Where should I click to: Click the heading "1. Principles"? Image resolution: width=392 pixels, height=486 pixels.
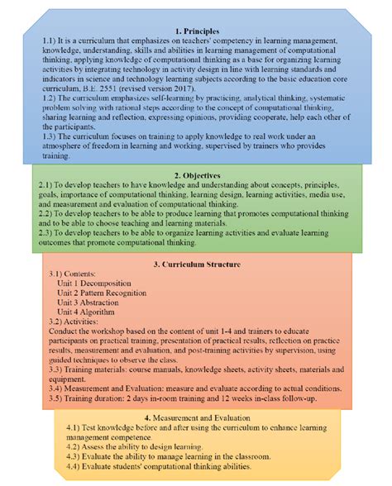point(196,30)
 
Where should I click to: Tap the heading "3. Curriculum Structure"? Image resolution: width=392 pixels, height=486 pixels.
point(196,264)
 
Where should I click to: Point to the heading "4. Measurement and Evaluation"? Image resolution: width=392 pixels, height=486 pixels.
point(196,417)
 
